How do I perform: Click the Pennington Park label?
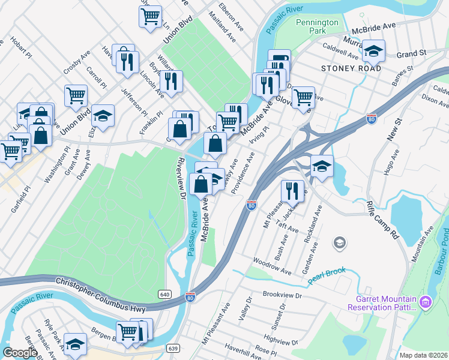(x=318, y=27)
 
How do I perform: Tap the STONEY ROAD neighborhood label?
(x=351, y=68)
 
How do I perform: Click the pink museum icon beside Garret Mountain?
(x=426, y=301)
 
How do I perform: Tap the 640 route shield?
(x=165, y=294)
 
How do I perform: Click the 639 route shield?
(x=173, y=348)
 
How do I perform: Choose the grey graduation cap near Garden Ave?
(x=339, y=243)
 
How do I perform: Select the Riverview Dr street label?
(x=180, y=175)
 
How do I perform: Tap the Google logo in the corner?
(x=20, y=353)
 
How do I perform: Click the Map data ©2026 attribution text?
(x=423, y=355)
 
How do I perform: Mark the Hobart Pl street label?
(x=20, y=47)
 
